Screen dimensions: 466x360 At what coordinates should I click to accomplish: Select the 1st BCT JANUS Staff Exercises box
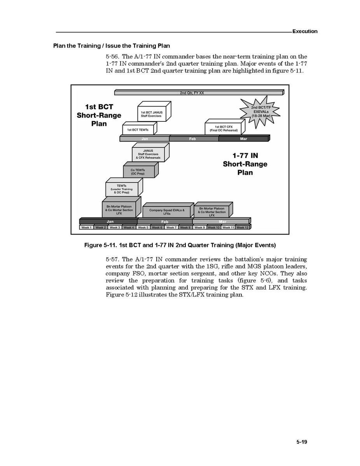point(152,114)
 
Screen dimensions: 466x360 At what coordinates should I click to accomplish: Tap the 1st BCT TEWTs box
point(138,130)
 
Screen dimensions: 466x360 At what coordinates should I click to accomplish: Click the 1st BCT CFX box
point(223,128)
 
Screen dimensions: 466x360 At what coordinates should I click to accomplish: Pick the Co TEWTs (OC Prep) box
point(138,172)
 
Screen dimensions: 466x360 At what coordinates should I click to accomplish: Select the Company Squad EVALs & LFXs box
point(167,212)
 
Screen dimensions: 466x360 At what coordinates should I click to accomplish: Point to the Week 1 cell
point(86,228)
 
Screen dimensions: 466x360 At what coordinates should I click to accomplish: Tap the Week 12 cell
point(242,228)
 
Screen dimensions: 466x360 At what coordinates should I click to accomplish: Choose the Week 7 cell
point(171,228)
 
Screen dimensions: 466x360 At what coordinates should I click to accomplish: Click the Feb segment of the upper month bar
point(193,139)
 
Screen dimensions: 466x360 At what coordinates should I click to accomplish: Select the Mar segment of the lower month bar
point(222,222)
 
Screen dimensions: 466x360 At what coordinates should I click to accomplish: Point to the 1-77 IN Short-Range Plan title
point(245,164)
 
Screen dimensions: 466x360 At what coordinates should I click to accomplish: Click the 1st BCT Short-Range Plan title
point(99,115)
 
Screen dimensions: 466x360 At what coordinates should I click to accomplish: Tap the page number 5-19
point(301,442)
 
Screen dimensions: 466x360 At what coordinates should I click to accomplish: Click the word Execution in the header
point(305,32)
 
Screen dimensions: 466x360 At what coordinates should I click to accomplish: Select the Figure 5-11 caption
point(180,245)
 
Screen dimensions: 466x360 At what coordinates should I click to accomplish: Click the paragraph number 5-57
point(112,259)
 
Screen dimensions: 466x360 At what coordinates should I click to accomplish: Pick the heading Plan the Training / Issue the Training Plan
point(112,46)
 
